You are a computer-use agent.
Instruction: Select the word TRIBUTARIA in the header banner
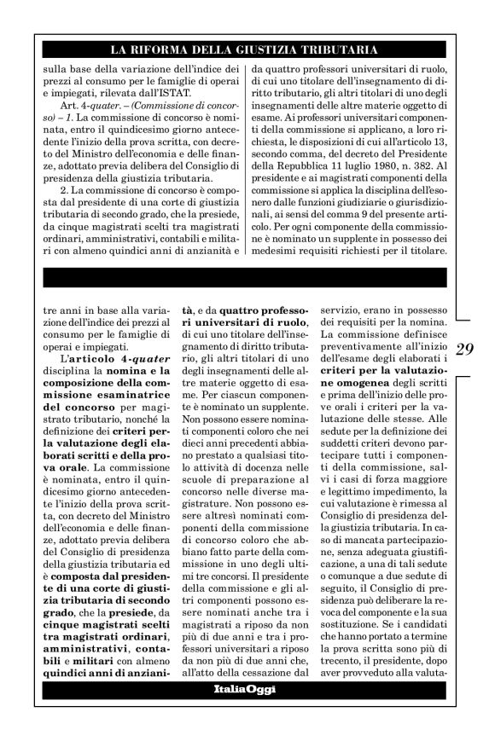[335, 50]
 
